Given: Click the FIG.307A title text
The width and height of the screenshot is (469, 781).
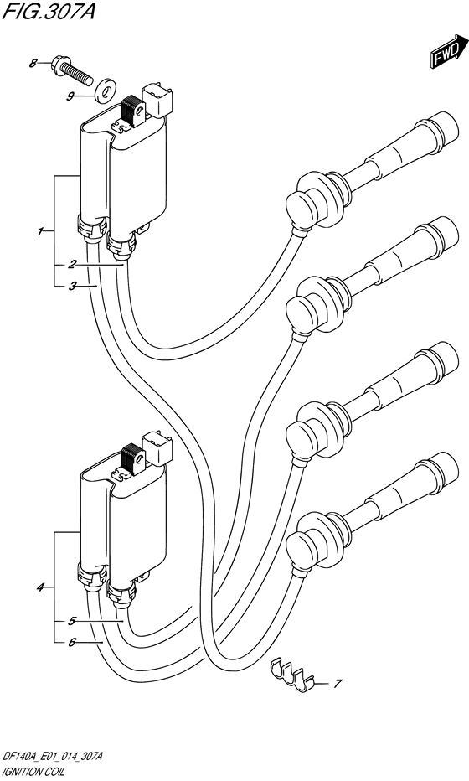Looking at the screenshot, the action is (x=48, y=11).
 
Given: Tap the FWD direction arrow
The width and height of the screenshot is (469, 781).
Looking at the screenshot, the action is (x=445, y=50).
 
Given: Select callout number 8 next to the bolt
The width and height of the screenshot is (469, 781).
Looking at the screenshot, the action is (x=33, y=63).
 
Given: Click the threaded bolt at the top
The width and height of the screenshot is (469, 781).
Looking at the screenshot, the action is (x=71, y=70).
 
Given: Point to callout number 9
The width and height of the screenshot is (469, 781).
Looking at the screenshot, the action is (x=70, y=96).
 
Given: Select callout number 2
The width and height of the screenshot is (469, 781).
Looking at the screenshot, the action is (x=72, y=265).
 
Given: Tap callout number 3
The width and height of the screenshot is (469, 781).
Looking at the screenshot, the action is (x=72, y=286).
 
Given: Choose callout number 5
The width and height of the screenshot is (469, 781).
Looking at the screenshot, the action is (x=72, y=621).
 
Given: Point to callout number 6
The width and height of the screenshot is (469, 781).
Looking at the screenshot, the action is (x=72, y=643).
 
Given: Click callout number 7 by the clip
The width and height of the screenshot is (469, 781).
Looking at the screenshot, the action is (x=337, y=684).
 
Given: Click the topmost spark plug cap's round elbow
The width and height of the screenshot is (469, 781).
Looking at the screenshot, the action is (x=302, y=204).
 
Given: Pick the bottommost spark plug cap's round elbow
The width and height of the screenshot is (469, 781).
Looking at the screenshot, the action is (x=302, y=546).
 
